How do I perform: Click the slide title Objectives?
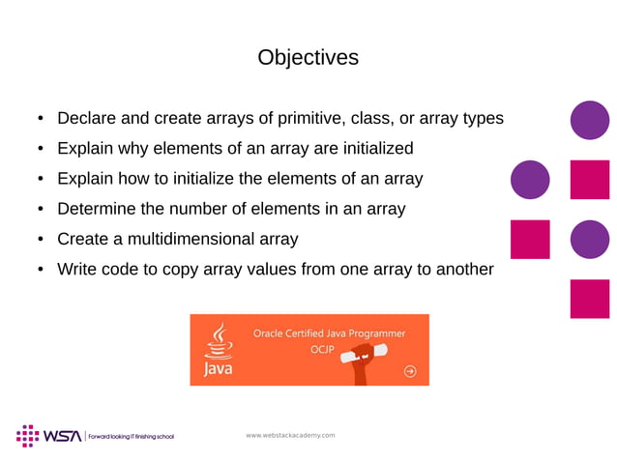tap(308, 58)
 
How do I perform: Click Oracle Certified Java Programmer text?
tap(329, 332)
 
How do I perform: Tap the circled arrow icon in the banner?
tap(411, 370)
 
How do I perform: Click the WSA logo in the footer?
tap(48, 435)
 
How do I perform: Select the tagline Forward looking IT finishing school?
tap(131, 437)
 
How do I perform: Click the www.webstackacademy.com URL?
tap(290, 435)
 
